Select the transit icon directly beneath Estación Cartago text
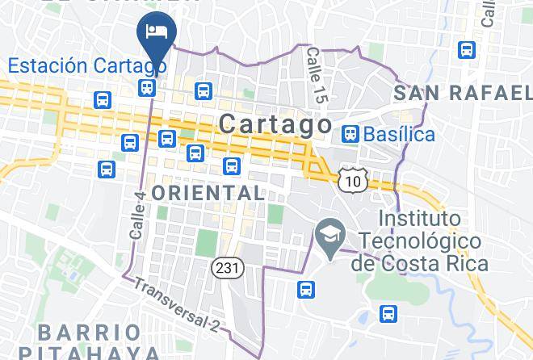tap(147, 88)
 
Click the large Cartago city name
tap(275, 125)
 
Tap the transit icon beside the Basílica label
tap(350, 133)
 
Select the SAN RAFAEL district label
tap(463, 94)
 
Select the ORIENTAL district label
tap(208, 193)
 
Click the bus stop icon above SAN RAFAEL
tap(467, 50)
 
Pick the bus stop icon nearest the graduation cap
tap(305, 289)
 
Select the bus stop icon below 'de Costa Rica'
tap(388, 313)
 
